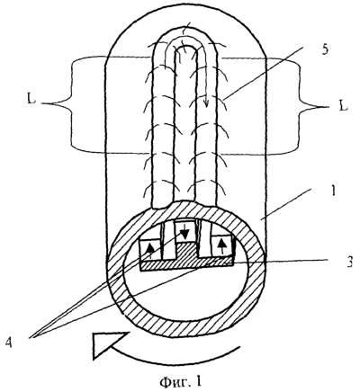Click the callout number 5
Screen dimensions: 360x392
(325, 49)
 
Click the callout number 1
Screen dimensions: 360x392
(332, 191)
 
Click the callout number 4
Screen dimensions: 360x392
(8, 343)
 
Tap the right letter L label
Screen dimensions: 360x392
(343, 106)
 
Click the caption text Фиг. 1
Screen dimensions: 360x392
(180, 381)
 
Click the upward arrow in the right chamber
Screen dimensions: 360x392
(221, 247)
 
